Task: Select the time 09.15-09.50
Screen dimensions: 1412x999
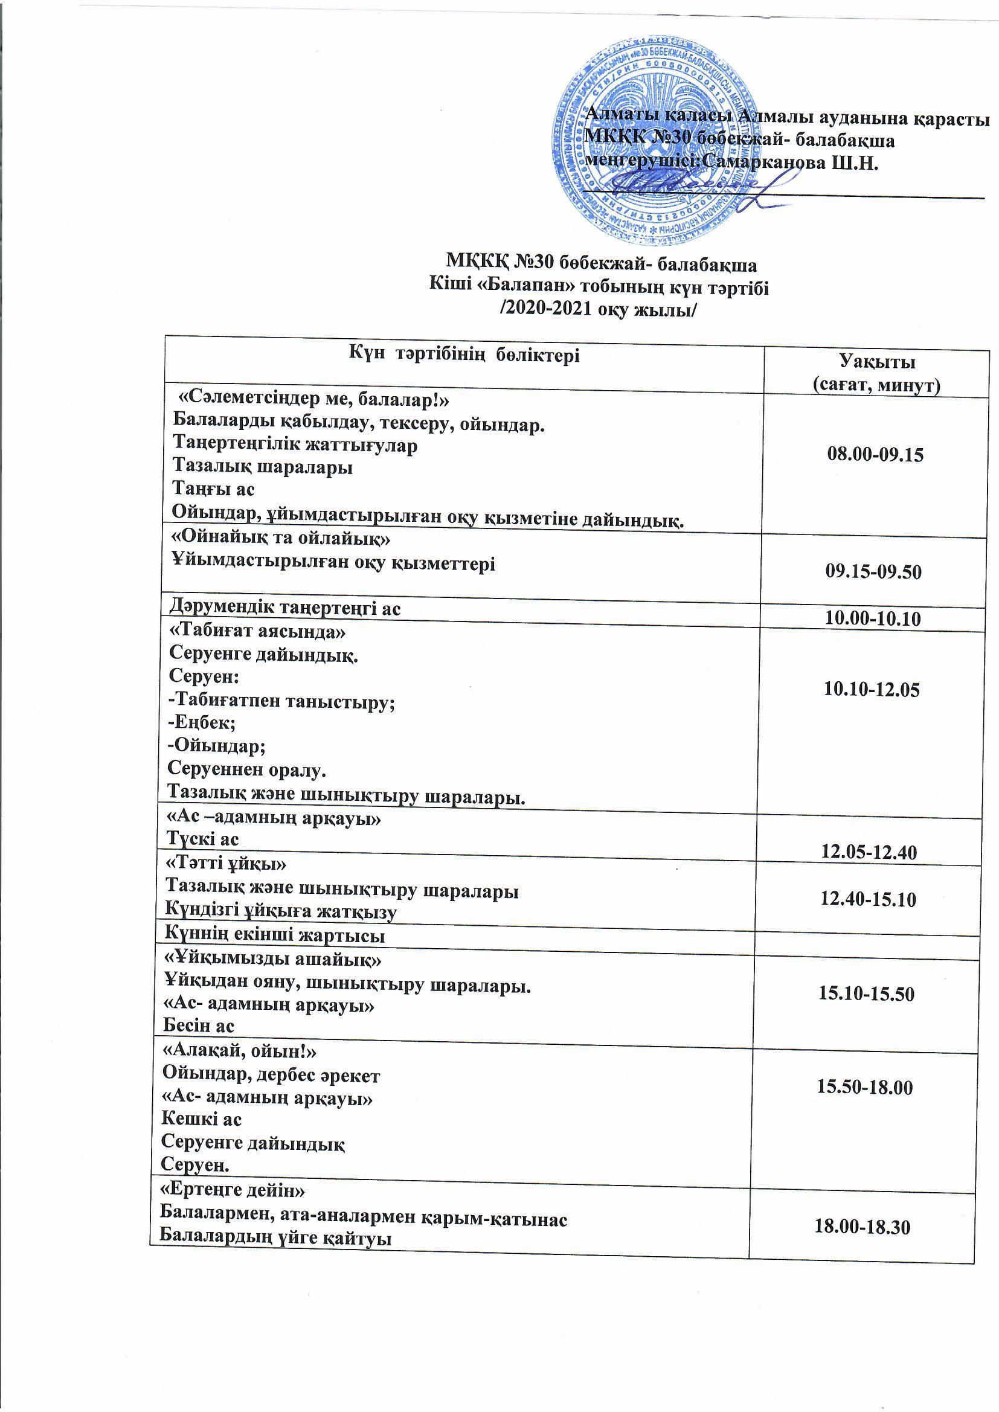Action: coord(873,572)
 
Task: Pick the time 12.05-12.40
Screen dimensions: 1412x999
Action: coord(869,852)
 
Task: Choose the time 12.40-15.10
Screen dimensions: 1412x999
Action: coord(869,900)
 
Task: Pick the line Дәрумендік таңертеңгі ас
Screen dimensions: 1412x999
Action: coord(285,608)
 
